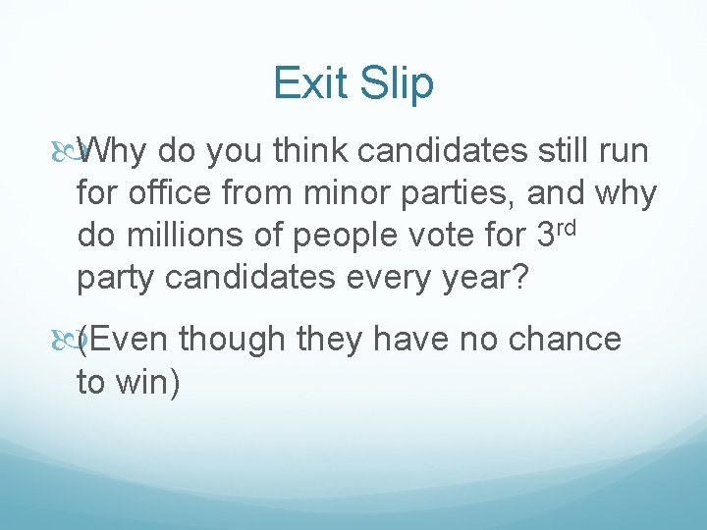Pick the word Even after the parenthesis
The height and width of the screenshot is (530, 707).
point(129,340)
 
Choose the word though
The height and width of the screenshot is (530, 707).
point(231,340)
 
